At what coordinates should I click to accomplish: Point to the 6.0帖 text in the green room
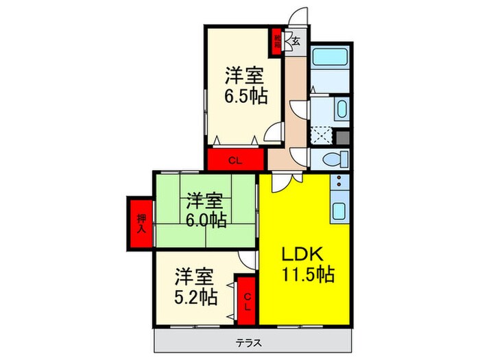point(206,219)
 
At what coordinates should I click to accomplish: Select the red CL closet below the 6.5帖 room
point(235,161)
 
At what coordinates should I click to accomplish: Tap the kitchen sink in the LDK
point(338,210)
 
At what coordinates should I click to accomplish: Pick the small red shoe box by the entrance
point(277,40)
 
